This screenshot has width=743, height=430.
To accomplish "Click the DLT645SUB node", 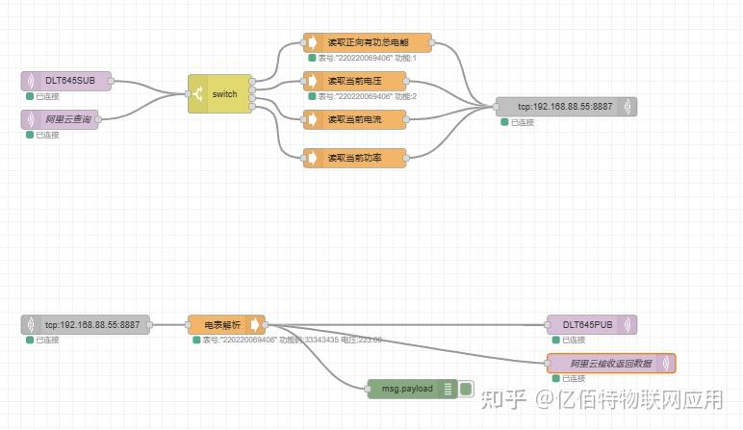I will pos(65,81).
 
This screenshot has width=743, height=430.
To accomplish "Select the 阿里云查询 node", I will pos(65,118).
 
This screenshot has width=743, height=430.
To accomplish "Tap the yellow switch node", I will pos(219,93).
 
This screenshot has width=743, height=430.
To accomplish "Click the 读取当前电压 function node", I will pos(354,81).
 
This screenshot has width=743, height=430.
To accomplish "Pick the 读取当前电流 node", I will pos(354,119).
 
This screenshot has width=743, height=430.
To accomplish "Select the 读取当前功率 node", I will pos(354,158).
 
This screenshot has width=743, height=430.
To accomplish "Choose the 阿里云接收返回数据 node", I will pos(610,364).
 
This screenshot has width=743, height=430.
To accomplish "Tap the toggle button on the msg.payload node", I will pos(466,389).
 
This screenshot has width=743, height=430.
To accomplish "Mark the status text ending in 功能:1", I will pos(367,58).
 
